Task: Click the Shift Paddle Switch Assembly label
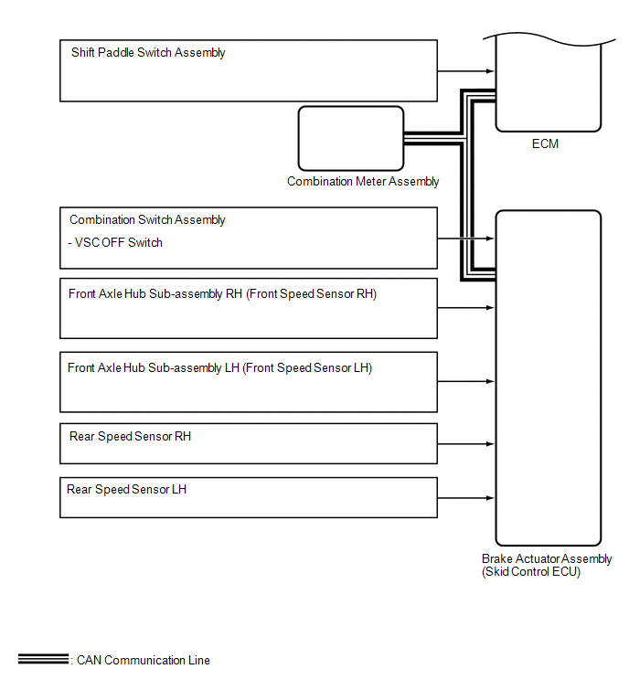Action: (x=148, y=53)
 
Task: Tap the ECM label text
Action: (x=545, y=144)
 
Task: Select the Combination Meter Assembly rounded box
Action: (x=350, y=138)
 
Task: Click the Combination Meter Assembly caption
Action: (x=363, y=182)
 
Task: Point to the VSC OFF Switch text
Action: (x=116, y=243)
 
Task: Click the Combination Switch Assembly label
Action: (x=147, y=220)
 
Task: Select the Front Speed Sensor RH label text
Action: (x=222, y=294)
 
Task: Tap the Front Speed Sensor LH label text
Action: (x=219, y=368)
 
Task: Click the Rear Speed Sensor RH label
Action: (x=130, y=437)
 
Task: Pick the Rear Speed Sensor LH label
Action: (x=126, y=490)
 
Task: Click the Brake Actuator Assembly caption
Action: (x=547, y=559)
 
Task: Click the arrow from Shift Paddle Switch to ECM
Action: (x=466, y=70)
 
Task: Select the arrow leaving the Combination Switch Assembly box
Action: (x=466, y=239)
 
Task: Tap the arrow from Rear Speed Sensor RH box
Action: (x=466, y=446)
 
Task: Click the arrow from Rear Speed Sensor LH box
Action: (x=466, y=498)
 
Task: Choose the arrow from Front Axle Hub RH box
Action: (x=466, y=307)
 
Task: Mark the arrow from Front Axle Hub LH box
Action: (x=466, y=381)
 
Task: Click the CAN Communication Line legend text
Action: (x=144, y=661)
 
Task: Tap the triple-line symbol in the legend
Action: (x=42, y=659)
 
